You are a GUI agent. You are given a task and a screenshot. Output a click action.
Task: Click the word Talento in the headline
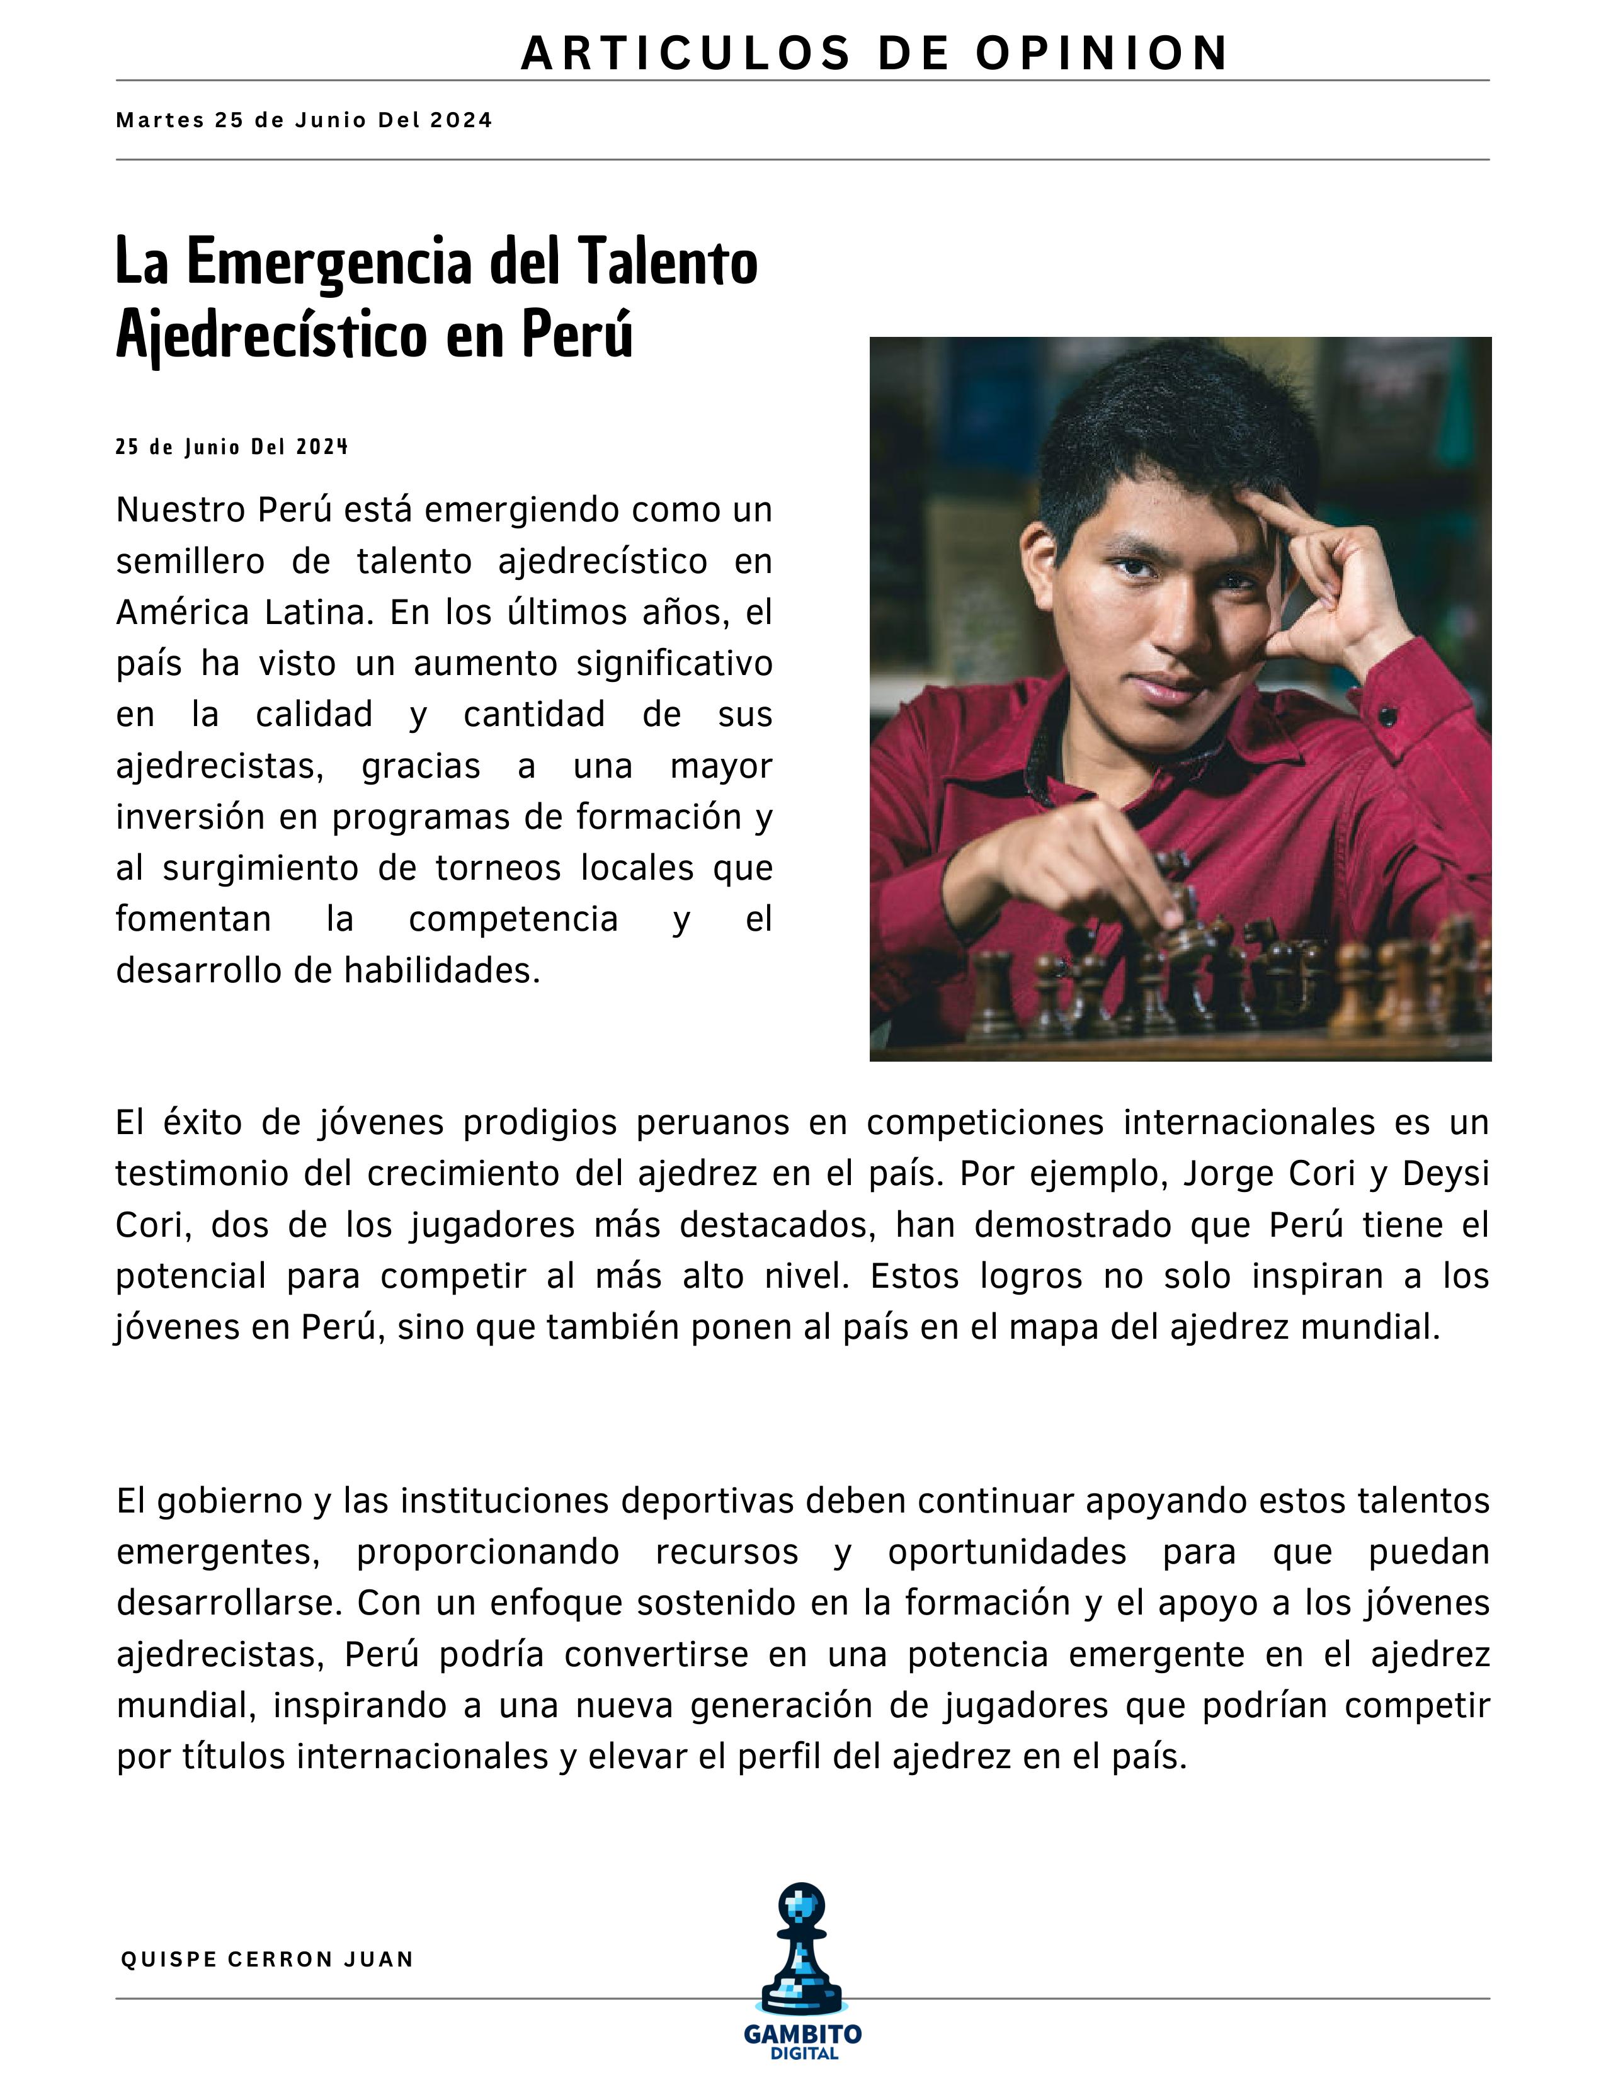click(667, 262)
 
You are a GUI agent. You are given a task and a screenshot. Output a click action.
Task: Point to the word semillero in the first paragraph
click(190, 561)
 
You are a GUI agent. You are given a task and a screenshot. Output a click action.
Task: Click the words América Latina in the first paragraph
click(242, 612)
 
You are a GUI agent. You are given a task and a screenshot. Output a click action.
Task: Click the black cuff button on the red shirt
click(1388, 713)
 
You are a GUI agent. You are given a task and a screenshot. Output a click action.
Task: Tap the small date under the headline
click(231, 447)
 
